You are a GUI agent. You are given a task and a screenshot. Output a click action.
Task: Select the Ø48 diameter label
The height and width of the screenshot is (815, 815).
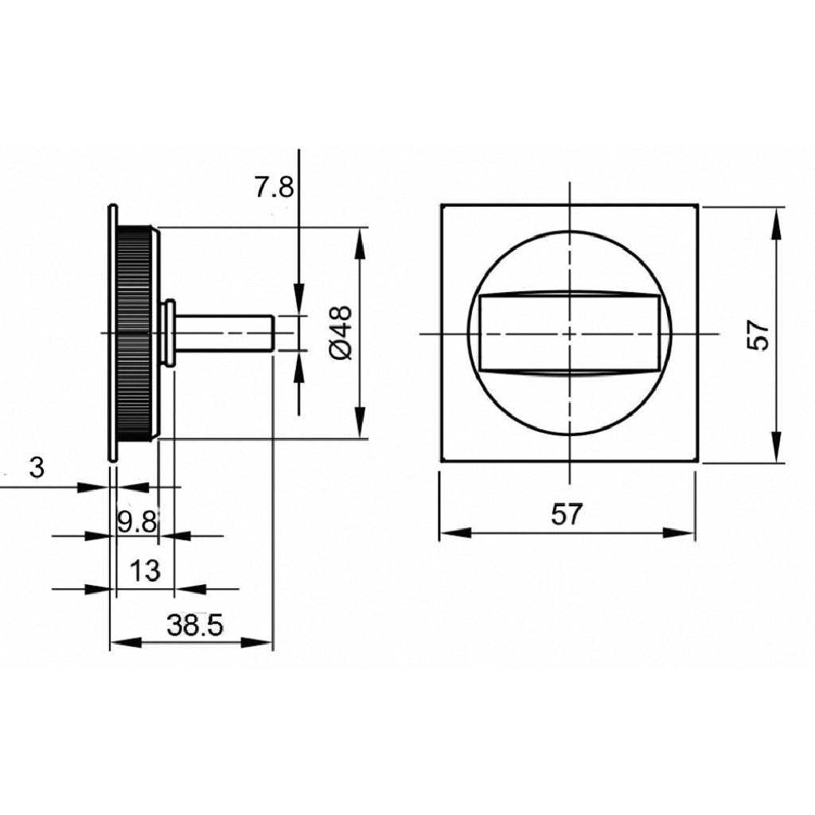[x=341, y=333]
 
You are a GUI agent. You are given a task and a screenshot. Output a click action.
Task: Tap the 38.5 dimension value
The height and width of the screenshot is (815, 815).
[x=194, y=626]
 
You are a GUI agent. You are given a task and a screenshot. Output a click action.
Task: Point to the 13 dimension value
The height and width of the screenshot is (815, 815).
[x=145, y=570]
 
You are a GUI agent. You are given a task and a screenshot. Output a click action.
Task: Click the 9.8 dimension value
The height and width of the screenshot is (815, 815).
[x=137, y=521]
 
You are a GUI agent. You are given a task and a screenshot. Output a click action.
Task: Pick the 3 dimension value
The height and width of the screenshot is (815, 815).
[x=37, y=468]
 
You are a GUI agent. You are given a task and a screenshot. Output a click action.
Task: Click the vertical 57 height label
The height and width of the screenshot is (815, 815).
[x=758, y=335]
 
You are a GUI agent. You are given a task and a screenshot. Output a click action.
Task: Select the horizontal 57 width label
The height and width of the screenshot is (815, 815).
[x=566, y=514]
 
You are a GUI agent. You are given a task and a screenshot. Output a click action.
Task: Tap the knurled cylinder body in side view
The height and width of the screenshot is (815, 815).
[x=135, y=333]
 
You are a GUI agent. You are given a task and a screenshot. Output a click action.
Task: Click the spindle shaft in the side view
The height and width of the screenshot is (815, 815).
[x=224, y=333]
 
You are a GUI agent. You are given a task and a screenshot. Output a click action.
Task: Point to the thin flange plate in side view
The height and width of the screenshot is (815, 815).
[x=112, y=333]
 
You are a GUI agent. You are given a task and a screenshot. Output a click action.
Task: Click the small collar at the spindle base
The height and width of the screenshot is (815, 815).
[x=168, y=333]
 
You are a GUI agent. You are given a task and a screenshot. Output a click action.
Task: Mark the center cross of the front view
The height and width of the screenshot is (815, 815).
[x=570, y=333]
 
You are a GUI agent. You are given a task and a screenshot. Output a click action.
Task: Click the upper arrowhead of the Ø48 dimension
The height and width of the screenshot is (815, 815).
[x=360, y=244]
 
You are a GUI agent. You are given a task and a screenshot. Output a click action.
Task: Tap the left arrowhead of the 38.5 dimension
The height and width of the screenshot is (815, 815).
[x=127, y=643]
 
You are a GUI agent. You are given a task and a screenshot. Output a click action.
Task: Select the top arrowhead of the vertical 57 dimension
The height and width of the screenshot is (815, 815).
[x=777, y=223]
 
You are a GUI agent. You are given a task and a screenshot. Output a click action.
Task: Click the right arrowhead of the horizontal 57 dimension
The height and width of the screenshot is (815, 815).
[x=678, y=532]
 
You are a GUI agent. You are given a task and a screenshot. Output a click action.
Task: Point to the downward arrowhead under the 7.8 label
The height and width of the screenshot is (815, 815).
[x=299, y=299]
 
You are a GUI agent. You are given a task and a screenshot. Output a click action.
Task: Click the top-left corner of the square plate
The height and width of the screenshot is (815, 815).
[x=442, y=205]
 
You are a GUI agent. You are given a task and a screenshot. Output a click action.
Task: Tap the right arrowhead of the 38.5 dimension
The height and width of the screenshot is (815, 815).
[x=257, y=643]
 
